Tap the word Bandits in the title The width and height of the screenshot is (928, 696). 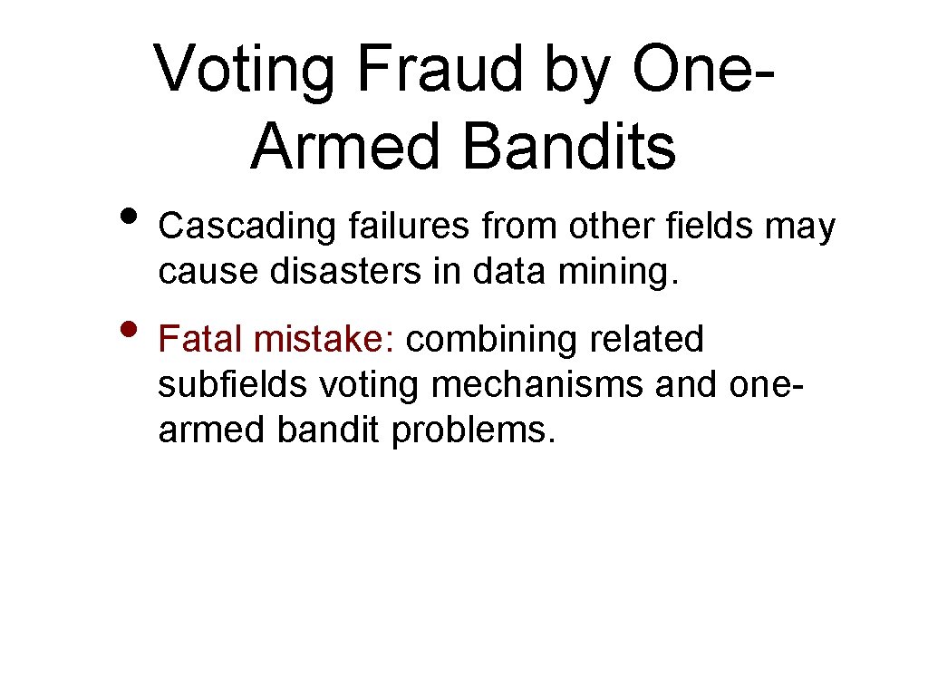click(x=568, y=147)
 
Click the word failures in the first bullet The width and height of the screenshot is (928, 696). click(x=408, y=227)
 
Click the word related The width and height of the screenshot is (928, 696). click(x=646, y=340)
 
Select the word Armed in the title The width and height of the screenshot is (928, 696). click(x=341, y=147)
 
